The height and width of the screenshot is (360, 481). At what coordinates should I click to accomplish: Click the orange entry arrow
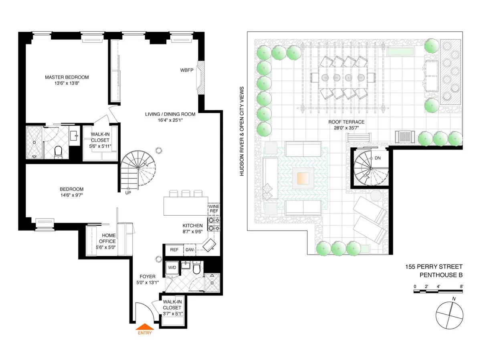tap(145, 326)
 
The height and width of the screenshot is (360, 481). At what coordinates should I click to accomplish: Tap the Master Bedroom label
tap(67, 77)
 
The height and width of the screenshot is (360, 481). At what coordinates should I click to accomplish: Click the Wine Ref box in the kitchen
tap(214, 208)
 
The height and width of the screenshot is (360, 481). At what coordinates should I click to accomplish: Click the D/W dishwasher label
tap(189, 250)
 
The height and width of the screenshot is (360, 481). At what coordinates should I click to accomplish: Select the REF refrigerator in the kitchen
tap(174, 250)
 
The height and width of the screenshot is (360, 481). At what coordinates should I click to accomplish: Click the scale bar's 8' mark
tap(462, 286)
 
